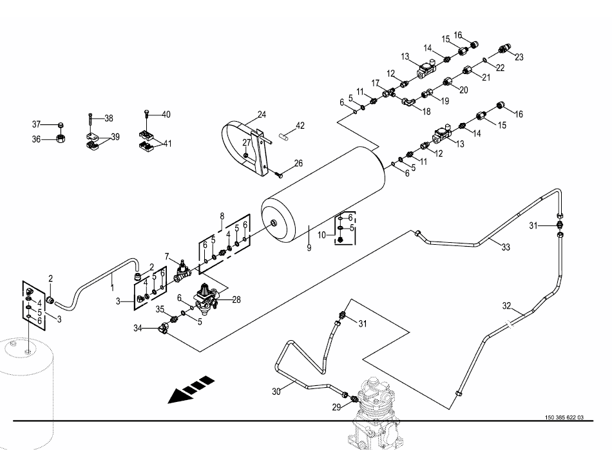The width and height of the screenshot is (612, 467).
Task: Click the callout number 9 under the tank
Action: coord(309,248)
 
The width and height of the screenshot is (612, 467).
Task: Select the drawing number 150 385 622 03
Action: coord(564,417)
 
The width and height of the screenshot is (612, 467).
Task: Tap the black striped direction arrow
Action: coord(191,389)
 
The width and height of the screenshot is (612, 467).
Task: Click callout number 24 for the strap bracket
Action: coord(262,115)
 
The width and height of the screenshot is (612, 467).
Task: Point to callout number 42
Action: coord(300,126)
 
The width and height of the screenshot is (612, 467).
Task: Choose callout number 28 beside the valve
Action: coord(236,300)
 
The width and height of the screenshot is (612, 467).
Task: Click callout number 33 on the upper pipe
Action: coord(506,247)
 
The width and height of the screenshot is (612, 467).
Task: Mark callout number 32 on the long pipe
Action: coord(506,306)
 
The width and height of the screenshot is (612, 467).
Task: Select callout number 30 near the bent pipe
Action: coord(276,391)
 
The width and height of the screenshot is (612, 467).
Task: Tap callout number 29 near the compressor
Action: coord(336,407)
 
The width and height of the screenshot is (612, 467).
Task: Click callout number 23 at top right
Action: coord(519,57)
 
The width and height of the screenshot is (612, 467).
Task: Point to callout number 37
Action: coord(36,124)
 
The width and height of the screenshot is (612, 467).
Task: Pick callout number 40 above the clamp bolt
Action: coord(166,115)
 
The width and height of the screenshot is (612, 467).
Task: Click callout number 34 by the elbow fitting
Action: coord(138,329)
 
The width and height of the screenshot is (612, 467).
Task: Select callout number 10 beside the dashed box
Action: coord(321,235)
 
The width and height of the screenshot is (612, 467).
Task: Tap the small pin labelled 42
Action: coord(283,135)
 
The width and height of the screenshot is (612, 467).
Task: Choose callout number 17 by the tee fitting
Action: coord(376,84)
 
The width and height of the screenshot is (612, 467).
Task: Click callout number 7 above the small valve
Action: coord(167,257)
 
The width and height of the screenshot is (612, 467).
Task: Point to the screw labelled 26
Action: coord(279,174)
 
